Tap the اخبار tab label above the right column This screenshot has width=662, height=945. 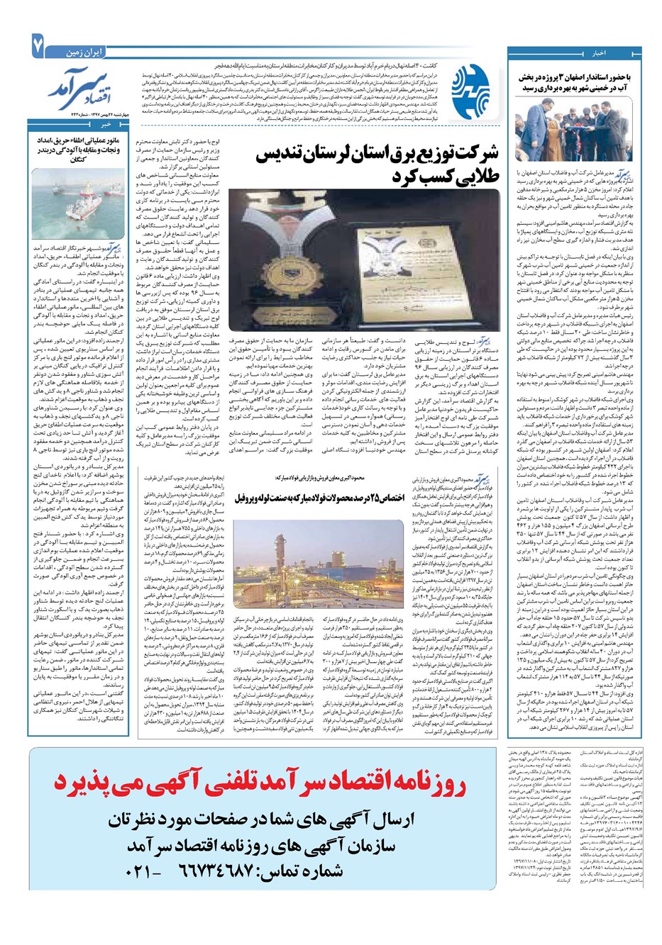(599, 53)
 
